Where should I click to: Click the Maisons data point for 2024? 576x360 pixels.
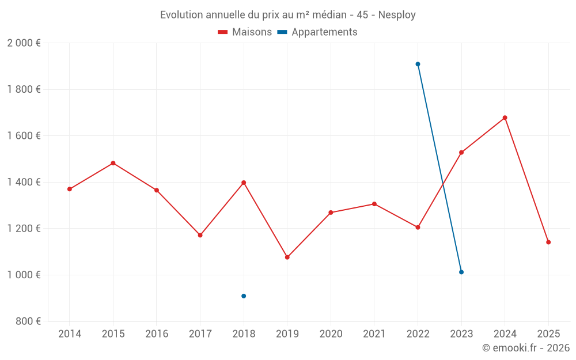(505, 118)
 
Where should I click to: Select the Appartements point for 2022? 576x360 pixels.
(418, 64)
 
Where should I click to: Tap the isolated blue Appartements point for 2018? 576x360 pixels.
(244, 296)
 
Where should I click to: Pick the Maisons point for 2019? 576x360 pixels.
(287, 257)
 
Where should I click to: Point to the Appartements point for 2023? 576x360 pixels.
(461, 272)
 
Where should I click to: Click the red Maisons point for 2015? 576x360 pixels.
(113, 163)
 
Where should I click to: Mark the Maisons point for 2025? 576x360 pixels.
(548, 242)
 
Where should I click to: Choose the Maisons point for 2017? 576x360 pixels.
(200, 235)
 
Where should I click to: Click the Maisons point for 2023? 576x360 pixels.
(461, 152)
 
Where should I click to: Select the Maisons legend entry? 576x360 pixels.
(245, 32)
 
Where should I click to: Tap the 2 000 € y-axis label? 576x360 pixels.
(24, 43)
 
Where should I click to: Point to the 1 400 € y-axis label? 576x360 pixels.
(24, 182)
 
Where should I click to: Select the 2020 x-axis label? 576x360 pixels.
(331, 334)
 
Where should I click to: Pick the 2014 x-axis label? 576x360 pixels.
(70, 334)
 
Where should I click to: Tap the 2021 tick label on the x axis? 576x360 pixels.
(374, 334)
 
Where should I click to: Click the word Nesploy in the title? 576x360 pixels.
(397, 15)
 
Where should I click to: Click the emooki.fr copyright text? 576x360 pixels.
(525, 348)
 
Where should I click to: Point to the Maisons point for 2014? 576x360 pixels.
(70, 189)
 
